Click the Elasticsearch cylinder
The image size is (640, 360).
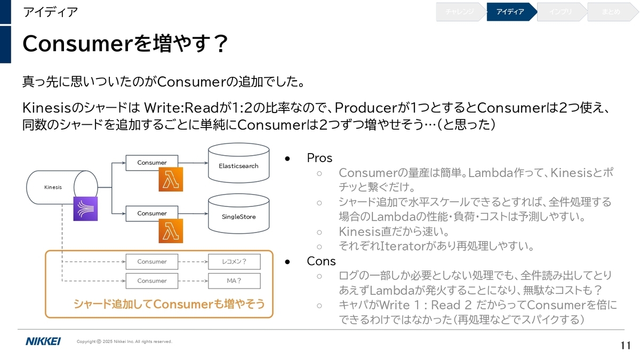(238, 163)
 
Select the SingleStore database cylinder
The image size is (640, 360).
(238, 214)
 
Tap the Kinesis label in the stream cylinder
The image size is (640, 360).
(53, 187)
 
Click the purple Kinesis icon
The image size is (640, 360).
(85, 209)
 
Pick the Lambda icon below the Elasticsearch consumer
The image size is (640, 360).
(171, 179)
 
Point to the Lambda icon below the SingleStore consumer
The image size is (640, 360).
(171, 231)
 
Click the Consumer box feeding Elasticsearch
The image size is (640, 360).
(151, 163)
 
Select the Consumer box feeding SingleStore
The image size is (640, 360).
(151, 213)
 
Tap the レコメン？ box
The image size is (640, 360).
(234, 261)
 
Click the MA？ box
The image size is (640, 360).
(234, 281)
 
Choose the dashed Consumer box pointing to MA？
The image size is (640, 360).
(151, 281)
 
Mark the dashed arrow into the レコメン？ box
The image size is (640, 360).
(193, 261)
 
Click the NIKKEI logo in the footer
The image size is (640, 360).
(43, 341)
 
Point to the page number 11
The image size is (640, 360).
(626, 346)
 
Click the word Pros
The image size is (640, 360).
(319, 158)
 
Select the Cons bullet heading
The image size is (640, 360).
(321, 261)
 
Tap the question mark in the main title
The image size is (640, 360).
(221, 44)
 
